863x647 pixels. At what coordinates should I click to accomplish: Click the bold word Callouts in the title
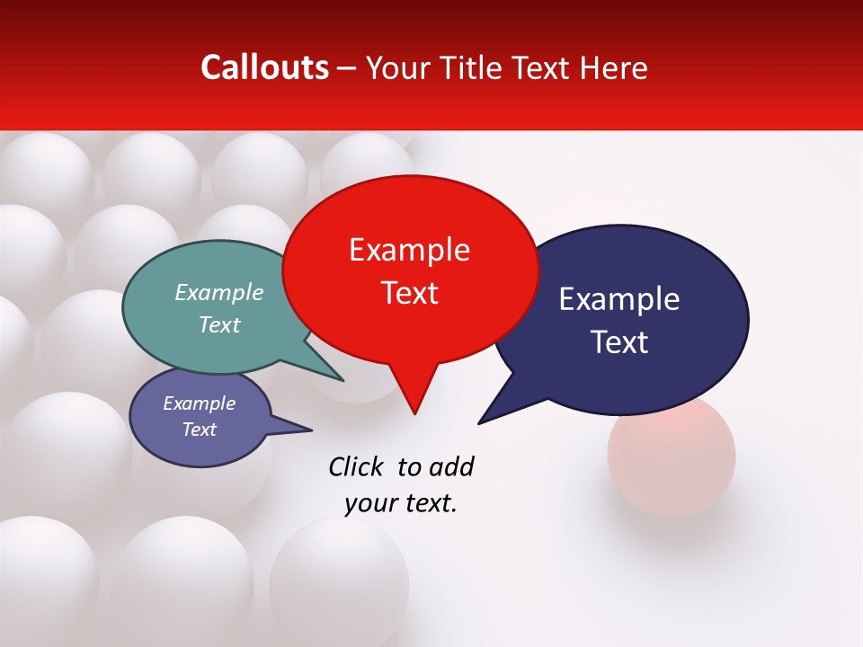pos(264,67)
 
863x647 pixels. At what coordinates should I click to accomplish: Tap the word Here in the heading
pos(613,67)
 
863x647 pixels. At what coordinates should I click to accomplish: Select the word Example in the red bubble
pos(409,250)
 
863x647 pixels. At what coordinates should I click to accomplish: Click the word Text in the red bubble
pos(409,293)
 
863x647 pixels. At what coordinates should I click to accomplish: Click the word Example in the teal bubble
pos(219,293)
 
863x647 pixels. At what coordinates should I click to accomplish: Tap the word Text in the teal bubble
pos(219,325)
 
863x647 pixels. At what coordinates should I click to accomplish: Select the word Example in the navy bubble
pos(619,299)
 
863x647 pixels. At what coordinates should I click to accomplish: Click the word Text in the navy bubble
pos(619,342)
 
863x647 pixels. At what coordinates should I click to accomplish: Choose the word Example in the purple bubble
pos(199,403)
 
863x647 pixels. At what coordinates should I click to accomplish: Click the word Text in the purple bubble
pos(199,430)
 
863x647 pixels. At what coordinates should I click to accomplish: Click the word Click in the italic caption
pos(355,467)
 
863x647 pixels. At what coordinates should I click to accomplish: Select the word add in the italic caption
pos(452,467)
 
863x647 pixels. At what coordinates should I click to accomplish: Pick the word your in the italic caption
pos(368,503)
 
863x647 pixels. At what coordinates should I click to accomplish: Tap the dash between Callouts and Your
pos(348,68)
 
